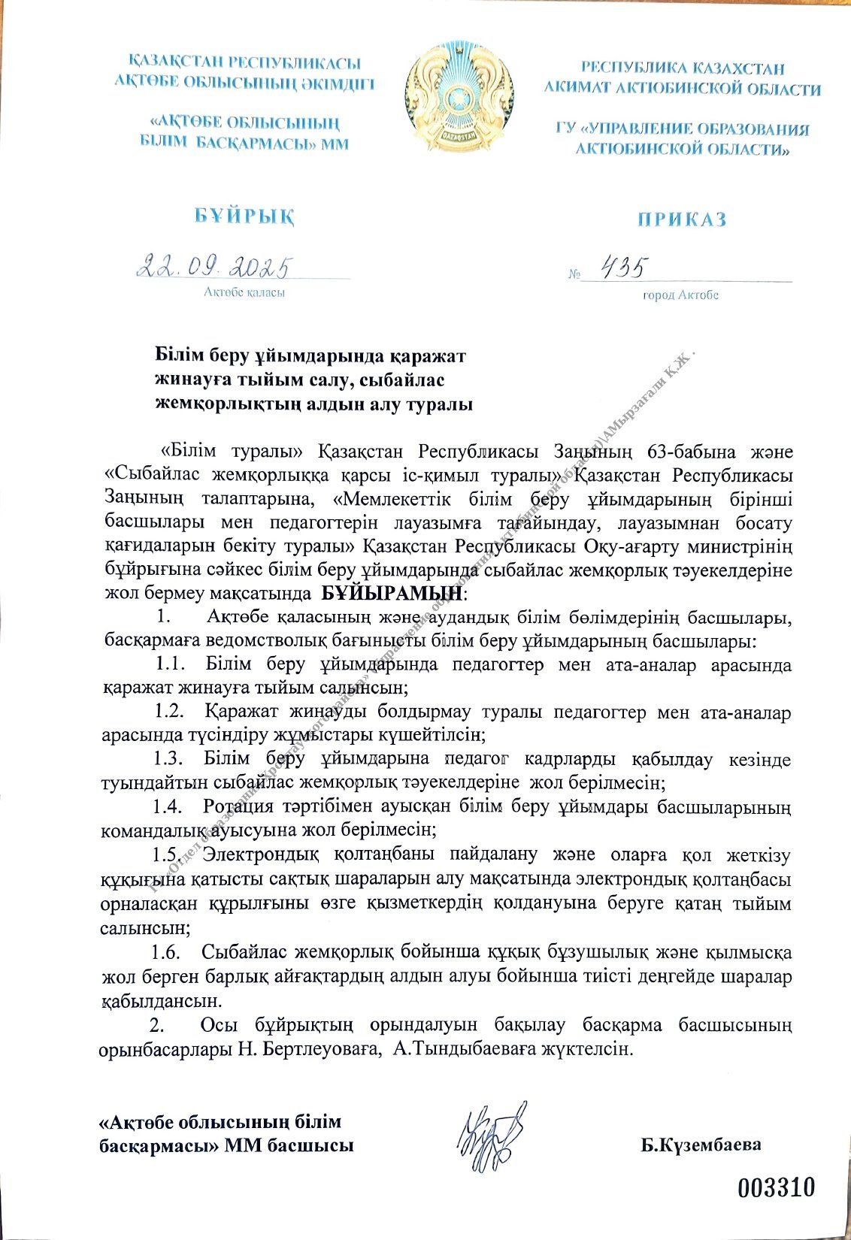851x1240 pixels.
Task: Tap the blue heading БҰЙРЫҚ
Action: coord(244,216)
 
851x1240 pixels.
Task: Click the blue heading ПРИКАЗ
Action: coord(682,219)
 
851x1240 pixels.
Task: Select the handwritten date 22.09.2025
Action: coord(214,266)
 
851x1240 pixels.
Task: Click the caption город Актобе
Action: coord(680,295)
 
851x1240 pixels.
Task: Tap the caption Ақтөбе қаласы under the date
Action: coord(244,292)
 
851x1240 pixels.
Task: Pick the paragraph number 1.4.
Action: coord(168,806)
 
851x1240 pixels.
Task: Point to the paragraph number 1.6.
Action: coord(166,952)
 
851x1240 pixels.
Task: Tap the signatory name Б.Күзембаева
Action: coord(701,1145)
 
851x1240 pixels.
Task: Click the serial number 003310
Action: coord(776,1187)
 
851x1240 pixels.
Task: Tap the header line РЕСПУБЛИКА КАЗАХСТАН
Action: coord(683,68)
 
